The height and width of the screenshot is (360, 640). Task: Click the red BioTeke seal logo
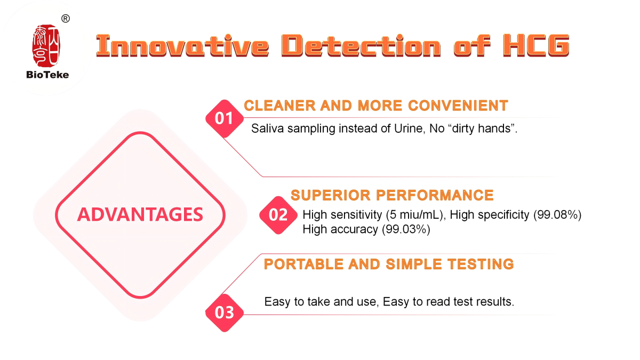coord(46,46)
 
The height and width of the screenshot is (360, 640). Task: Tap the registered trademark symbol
coord(66,19)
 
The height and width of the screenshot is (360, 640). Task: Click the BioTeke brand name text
coord(47,75)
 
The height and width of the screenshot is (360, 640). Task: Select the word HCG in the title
coord(536,45)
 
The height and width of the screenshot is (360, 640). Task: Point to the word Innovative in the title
coord(182,45)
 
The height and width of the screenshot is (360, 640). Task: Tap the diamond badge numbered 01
coord(225,118)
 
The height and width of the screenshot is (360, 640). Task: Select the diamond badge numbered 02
coord(278,215)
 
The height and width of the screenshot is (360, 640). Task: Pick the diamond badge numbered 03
coord(225,313)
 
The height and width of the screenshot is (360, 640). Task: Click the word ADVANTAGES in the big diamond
coord(140,214)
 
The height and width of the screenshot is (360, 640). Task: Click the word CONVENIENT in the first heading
coord(458,106)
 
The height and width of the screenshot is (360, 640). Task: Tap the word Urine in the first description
coord(407,129)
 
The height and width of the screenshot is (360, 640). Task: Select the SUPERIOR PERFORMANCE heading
coord(393,195)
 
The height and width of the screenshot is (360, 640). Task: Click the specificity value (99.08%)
coord(557,214)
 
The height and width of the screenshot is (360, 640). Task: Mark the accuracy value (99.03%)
coord(406,229)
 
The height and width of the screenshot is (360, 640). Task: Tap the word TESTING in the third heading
coord(481,264)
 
